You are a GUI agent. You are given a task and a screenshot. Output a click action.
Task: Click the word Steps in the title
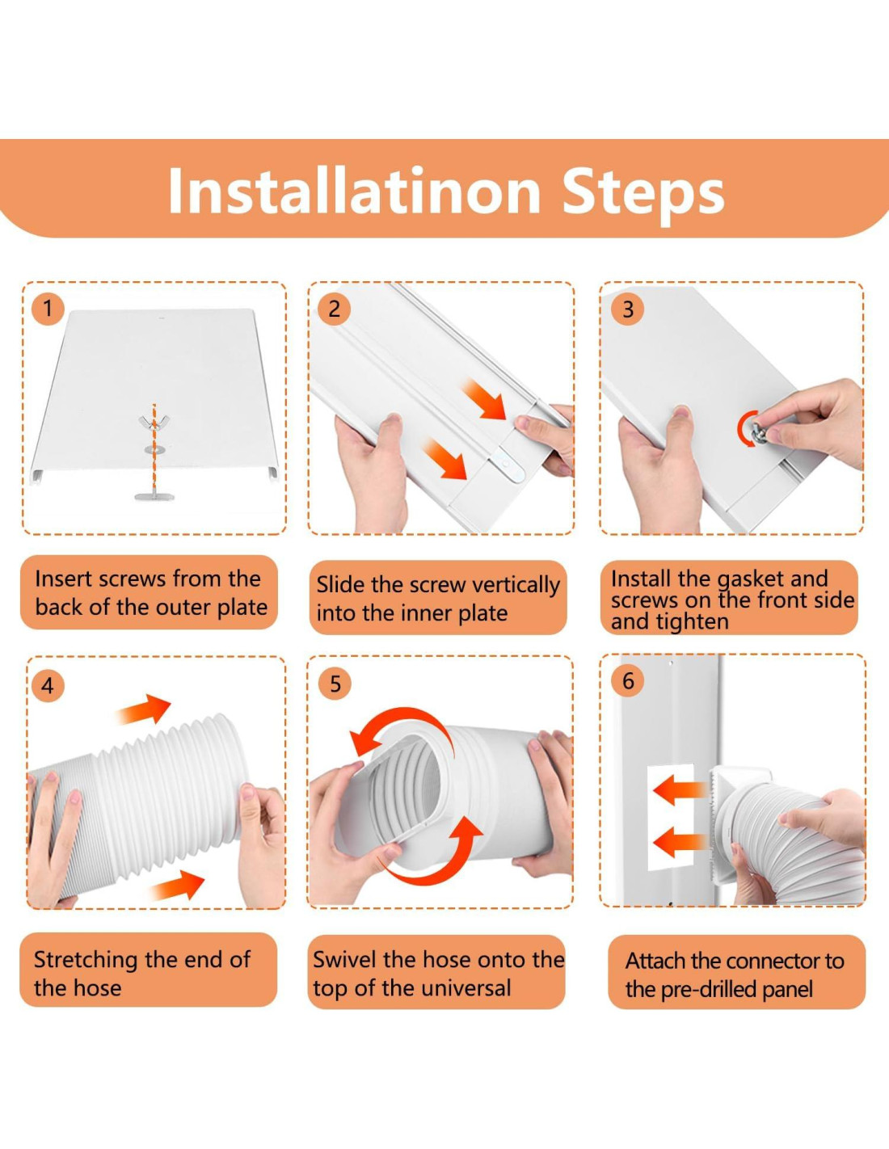643,191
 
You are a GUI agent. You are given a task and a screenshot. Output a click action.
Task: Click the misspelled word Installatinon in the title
354,189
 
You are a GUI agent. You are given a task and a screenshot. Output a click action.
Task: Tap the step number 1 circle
48,309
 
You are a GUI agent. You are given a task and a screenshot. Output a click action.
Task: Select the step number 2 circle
335,309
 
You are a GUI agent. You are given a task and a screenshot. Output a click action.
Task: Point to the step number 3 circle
628,309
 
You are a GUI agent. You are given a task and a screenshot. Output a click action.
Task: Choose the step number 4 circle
48,686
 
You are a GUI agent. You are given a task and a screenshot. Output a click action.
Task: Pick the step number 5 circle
335,684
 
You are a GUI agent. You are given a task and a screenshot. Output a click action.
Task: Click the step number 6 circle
628,680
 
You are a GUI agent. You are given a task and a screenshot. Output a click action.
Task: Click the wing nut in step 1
153,422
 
